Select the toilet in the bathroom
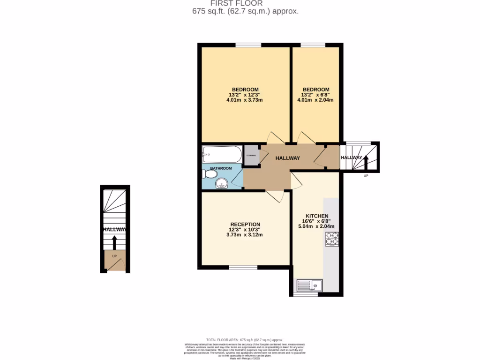209,174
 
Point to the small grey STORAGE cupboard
251,156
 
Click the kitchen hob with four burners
332,240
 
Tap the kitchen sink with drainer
309,285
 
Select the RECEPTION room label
245,224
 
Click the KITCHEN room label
317,216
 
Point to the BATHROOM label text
220,168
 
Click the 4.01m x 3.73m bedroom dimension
245,100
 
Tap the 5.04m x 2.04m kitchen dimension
317,226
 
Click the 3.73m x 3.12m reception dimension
245,235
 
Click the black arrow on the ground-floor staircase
114,242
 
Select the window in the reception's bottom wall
243,267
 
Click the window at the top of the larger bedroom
248,45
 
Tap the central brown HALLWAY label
287,158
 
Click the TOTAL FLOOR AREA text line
245,339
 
